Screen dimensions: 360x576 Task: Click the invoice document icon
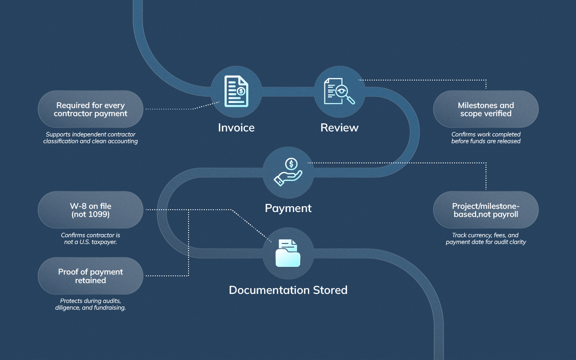[x=236, y=91]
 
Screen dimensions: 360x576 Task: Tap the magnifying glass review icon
[x=339, y=90]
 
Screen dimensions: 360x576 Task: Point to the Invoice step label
[x=236, y=128]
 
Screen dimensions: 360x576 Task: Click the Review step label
[x=339, y=128]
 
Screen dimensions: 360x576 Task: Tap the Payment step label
[x=288, y=208]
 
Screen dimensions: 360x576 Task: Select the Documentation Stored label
[x=288, y=290]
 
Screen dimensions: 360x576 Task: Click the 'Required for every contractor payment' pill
[x=90, y=109]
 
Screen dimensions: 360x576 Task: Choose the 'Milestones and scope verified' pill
[x=486, y=109]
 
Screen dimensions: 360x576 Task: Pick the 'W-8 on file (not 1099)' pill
[x=90, y=210]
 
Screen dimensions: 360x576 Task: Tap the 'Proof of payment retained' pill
[x=90, y=276]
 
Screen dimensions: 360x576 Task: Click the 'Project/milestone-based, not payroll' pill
[x=486, y=210]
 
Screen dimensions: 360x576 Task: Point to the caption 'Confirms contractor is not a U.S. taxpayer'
[x=90, y=238]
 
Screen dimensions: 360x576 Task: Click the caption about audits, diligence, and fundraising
[x=90, y=304]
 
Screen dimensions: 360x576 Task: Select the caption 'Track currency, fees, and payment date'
[x=486, y=238]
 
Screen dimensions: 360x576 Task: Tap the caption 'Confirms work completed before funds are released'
[x=486, y=138]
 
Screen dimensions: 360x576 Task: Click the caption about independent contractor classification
[x=90, y=138]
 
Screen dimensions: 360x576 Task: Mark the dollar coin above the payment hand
[x=292, y=164]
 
